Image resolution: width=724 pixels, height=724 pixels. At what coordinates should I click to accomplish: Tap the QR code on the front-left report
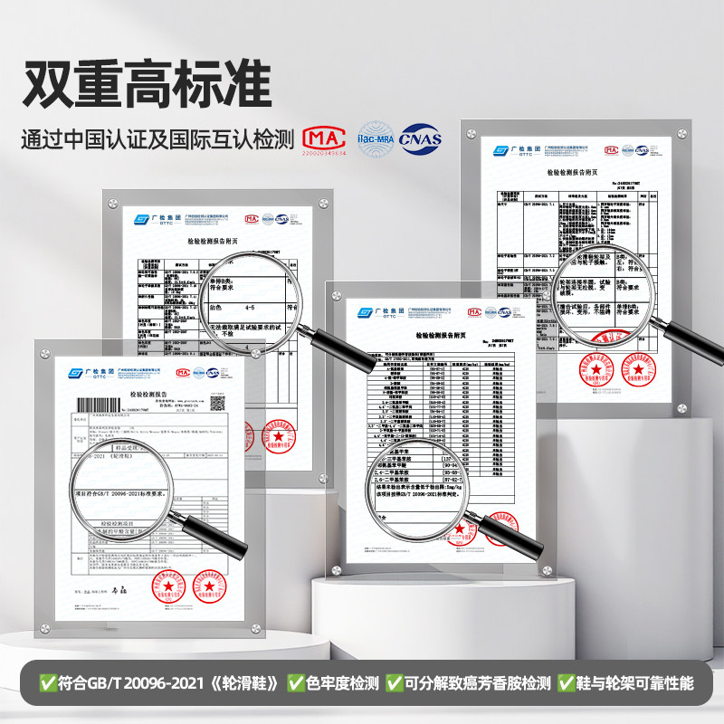tap(217, 403)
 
